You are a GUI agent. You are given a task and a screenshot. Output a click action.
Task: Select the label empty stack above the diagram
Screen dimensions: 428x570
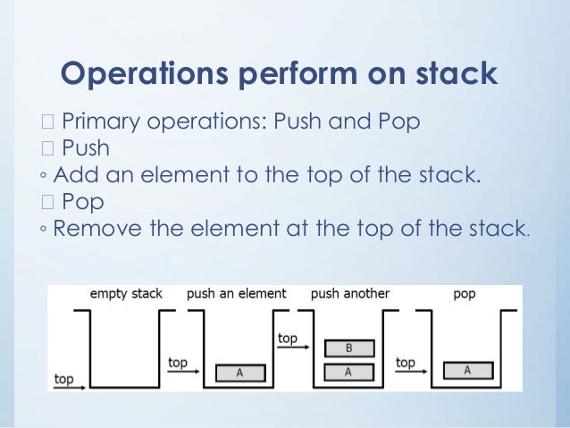coord(126,293)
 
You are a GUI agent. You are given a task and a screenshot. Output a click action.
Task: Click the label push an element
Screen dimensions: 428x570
coord(236,293)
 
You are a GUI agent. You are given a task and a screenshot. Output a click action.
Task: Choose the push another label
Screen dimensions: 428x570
coord(349,293)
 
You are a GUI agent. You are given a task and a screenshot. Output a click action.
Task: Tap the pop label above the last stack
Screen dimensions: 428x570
coord(465,293)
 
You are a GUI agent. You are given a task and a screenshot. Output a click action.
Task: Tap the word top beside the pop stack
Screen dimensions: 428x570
coord(406,363)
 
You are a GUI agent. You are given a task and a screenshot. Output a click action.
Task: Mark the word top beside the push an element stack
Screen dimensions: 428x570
coord(178,363)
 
